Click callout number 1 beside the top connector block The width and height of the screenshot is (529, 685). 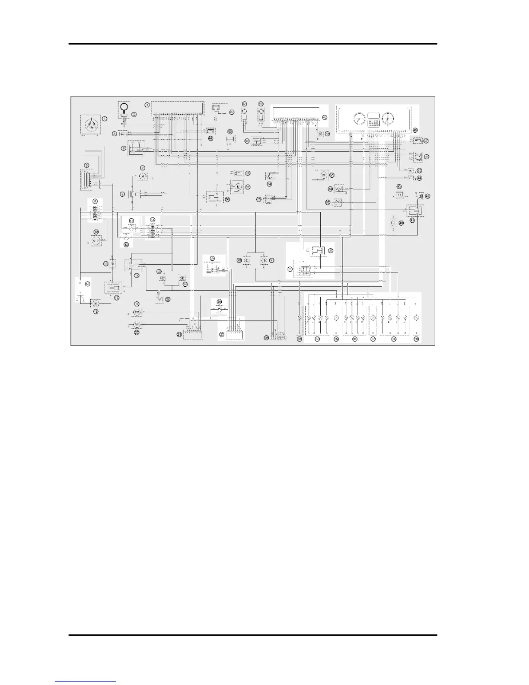coord(147,105)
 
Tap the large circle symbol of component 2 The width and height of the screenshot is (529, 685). coord(124,107)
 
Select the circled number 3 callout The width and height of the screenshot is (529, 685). coord(114,134)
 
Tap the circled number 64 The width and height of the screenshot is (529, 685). coord(210,138)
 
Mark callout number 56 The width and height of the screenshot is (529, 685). coord(228,199)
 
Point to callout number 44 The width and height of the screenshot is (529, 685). coord(419,178)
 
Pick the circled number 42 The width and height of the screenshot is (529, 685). coord(427,196)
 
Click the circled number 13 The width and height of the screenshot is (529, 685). coord(126,244)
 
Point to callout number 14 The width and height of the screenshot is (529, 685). coord(105,264)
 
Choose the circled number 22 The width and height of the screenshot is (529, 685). coord(168,299)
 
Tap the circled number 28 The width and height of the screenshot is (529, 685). coord(239,260)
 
